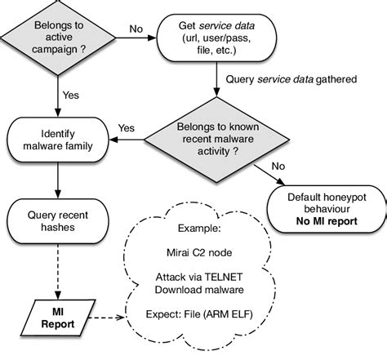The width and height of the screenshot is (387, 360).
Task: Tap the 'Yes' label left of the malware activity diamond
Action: click(127, 128)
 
